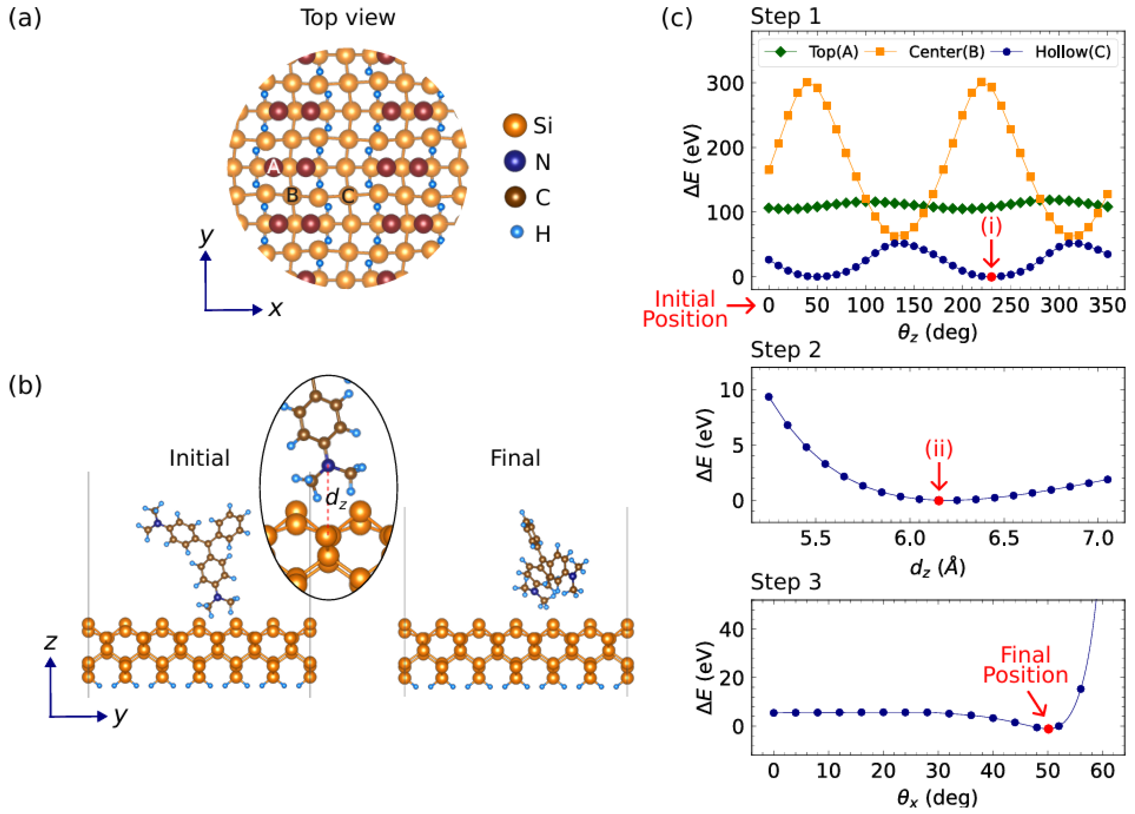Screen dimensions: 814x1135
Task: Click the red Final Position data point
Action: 1048,729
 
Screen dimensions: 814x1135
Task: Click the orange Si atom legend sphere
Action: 514,125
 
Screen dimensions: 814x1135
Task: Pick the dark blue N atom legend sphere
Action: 514,161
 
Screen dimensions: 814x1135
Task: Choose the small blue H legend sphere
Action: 517,232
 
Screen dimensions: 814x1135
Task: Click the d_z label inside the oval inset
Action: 336,498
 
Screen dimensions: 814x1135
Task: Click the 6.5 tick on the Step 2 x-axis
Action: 1003,539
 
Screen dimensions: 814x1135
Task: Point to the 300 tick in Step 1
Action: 725,83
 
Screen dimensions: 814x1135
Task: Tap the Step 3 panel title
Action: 786,582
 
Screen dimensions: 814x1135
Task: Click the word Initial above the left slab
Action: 199,458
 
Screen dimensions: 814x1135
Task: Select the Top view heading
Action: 348,18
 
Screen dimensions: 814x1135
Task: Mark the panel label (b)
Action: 25,386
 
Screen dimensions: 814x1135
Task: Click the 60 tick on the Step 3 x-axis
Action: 1102,771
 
